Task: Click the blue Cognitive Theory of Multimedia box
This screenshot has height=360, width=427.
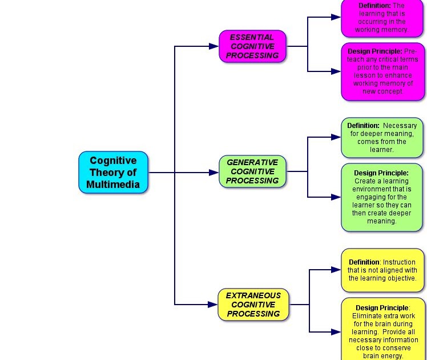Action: [x=113, y=173]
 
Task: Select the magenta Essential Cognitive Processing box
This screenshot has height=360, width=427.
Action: [x=252, y=46]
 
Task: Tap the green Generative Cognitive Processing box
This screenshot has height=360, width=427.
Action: [x=252, y=171]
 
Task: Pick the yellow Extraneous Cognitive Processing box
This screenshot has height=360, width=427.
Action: [x=253, y=305]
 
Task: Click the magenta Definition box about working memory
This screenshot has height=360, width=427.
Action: [x=382, y=18]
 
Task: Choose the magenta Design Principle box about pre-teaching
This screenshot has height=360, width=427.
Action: [x=382, y=71]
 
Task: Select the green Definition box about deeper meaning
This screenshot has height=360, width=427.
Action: [x=382, y=137]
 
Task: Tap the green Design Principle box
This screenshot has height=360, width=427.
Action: [x=382, y=197]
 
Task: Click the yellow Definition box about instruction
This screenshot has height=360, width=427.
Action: [x=382, y=270]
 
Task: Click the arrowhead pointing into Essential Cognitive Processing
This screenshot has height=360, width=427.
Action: [x=214, y=46]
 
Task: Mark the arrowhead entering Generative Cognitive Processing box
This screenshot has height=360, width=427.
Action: [x=214, y=172]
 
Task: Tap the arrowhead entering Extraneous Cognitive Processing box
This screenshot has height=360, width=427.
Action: [x=213, y=305]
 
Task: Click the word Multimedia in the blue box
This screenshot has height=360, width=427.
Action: [x=113, y=185]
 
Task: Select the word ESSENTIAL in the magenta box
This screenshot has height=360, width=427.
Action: [x=252, y=37]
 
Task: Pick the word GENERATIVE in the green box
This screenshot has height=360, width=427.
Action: [x=252, y=162]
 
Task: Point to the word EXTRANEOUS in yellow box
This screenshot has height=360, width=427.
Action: [x=253, y=295]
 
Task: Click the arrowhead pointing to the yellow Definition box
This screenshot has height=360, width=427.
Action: [x=336, y=270]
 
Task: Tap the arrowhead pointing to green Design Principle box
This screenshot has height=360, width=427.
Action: [x=336, y=197]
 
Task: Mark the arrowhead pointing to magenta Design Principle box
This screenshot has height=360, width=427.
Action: [x=336, y=71]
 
